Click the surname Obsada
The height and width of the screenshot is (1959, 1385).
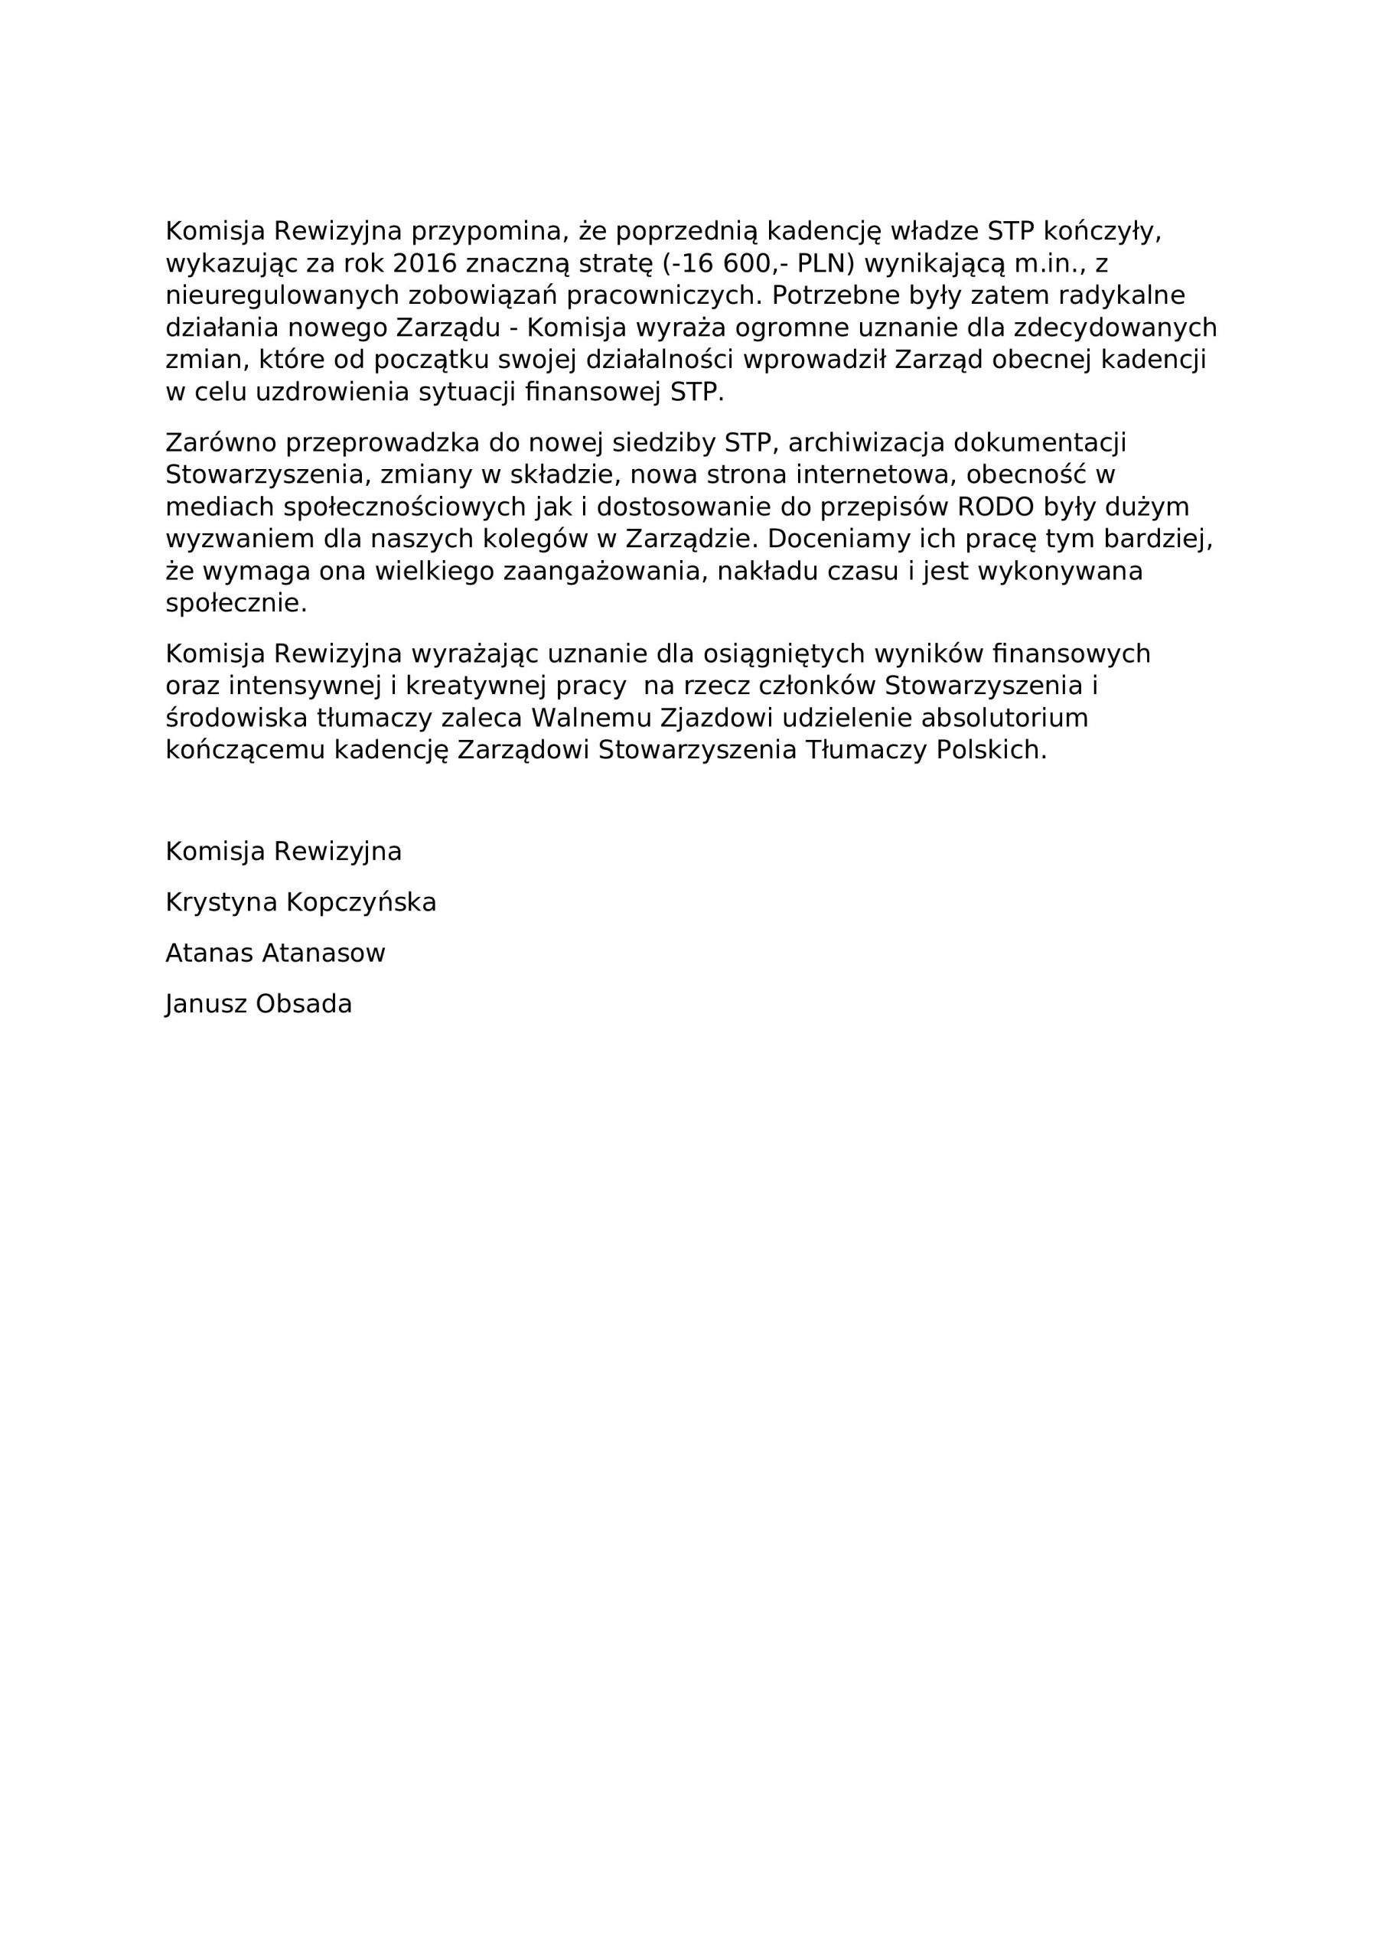click(305, 1004)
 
